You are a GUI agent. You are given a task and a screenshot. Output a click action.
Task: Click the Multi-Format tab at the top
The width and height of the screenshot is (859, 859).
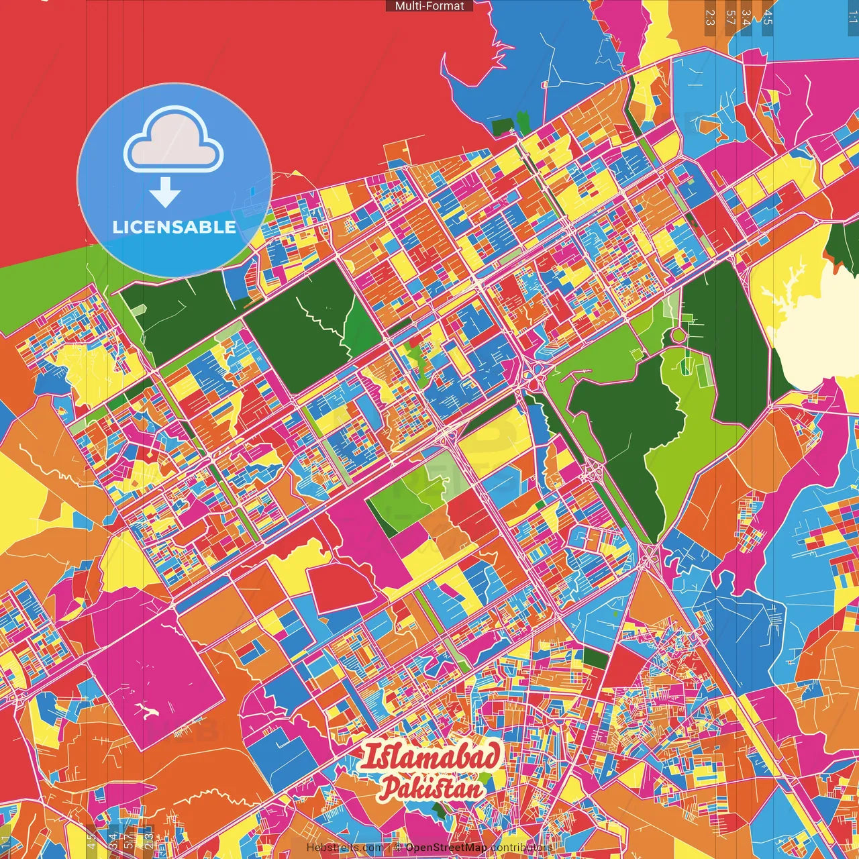(429, 6)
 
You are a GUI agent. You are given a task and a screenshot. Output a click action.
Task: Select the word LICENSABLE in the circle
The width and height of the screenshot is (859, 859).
(174, 227)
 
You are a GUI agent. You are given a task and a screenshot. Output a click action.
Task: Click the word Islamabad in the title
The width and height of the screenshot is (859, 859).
(429, 758)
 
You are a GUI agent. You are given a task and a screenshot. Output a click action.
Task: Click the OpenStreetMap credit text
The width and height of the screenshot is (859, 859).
(446, 848)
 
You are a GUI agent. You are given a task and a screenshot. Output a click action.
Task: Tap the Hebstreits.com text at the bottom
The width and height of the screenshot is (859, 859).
(344, 848)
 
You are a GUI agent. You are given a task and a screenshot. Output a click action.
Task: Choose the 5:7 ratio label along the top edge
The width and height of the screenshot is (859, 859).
(730, 17)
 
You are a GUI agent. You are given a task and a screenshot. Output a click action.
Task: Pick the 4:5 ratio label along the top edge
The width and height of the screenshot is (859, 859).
(768, 17)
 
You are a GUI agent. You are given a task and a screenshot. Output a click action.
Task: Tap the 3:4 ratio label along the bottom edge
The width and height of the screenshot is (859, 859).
(111, 840)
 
